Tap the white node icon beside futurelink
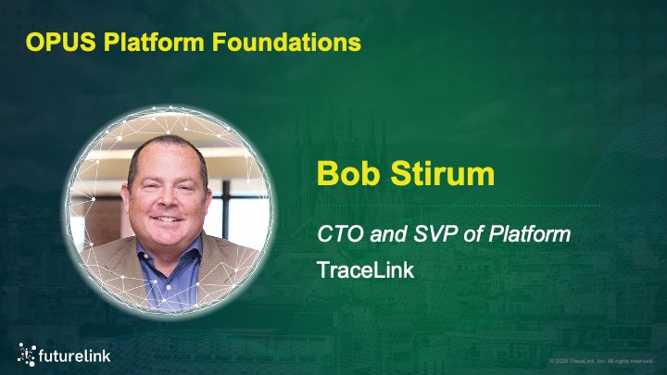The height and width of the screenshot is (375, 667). pos(28,352)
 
